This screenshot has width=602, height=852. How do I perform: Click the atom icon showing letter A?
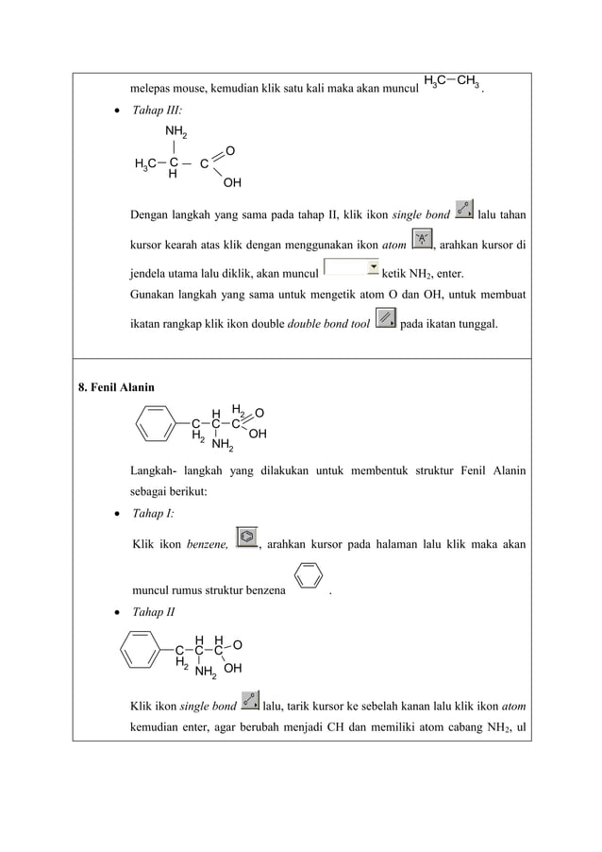point(423,242)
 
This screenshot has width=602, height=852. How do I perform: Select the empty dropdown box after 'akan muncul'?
point(351,269)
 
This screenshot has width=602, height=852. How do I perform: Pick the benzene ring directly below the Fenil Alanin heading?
point(156,421)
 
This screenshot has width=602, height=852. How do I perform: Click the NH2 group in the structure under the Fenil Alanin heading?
point(223,444)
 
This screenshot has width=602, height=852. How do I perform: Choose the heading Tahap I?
point(153,515)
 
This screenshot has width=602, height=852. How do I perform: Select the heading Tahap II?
point(154,611)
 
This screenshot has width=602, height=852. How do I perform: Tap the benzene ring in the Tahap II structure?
point(141,648)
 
